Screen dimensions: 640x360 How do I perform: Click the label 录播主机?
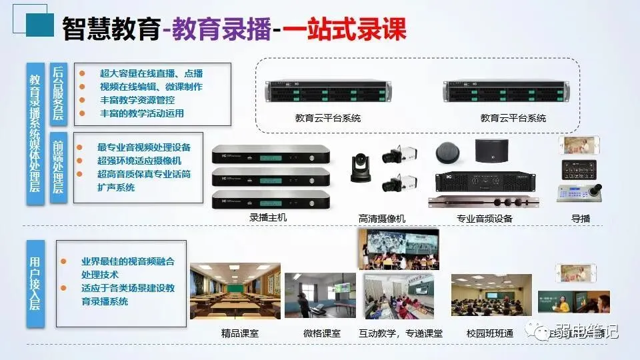(x=269, y=218)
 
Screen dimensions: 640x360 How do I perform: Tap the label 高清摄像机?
(x=381, y=219)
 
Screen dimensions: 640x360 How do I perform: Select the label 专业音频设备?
(x=485, y=219)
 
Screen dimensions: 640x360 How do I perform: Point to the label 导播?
(x=580, y=219)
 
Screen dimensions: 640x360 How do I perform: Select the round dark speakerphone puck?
(x=449, y=153)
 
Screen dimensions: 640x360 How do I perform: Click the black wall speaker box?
(x=492, y=151)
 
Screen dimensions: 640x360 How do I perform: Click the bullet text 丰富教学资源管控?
(x=137, y=100)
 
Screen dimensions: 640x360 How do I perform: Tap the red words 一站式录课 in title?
(x=344, y=30)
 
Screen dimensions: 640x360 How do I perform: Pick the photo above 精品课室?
(x=235, y=291)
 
